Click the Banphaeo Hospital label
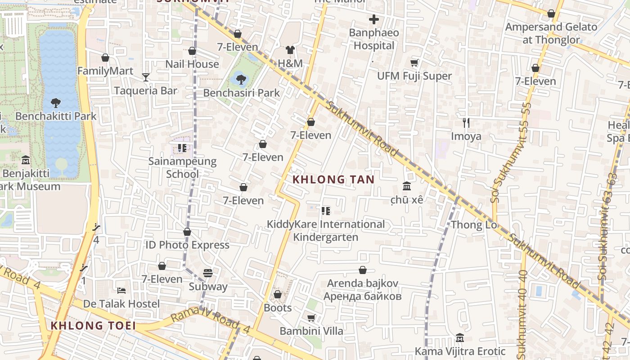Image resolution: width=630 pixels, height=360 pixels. point(374,39)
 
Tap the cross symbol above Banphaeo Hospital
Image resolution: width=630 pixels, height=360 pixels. point(374,19)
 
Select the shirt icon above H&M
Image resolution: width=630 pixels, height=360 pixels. point(290,50)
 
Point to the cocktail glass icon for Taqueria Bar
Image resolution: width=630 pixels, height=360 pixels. point(145,77)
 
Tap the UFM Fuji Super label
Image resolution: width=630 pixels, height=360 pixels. point(414,76)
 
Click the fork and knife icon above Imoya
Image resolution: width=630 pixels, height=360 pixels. point(466,122)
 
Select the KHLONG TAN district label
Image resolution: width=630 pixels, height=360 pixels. point(333,180)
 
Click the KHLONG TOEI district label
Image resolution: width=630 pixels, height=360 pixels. point(93,325)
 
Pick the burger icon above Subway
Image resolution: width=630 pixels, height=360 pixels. point(207,273)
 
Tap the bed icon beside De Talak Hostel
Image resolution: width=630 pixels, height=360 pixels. point(121,290)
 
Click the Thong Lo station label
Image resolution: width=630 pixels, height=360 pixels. point(474,225)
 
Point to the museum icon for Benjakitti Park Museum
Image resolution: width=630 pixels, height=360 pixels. point(26,160)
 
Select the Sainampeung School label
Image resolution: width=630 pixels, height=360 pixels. point(182,167)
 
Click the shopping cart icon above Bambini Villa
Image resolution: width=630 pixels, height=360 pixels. point(311,318)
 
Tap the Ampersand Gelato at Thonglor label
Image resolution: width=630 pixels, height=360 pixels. point(551,33)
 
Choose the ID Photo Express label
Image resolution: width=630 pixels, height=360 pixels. point(187,245)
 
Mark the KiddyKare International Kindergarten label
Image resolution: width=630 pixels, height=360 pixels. point(326,230)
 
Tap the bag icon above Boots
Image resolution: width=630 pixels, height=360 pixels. point(278,294)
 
